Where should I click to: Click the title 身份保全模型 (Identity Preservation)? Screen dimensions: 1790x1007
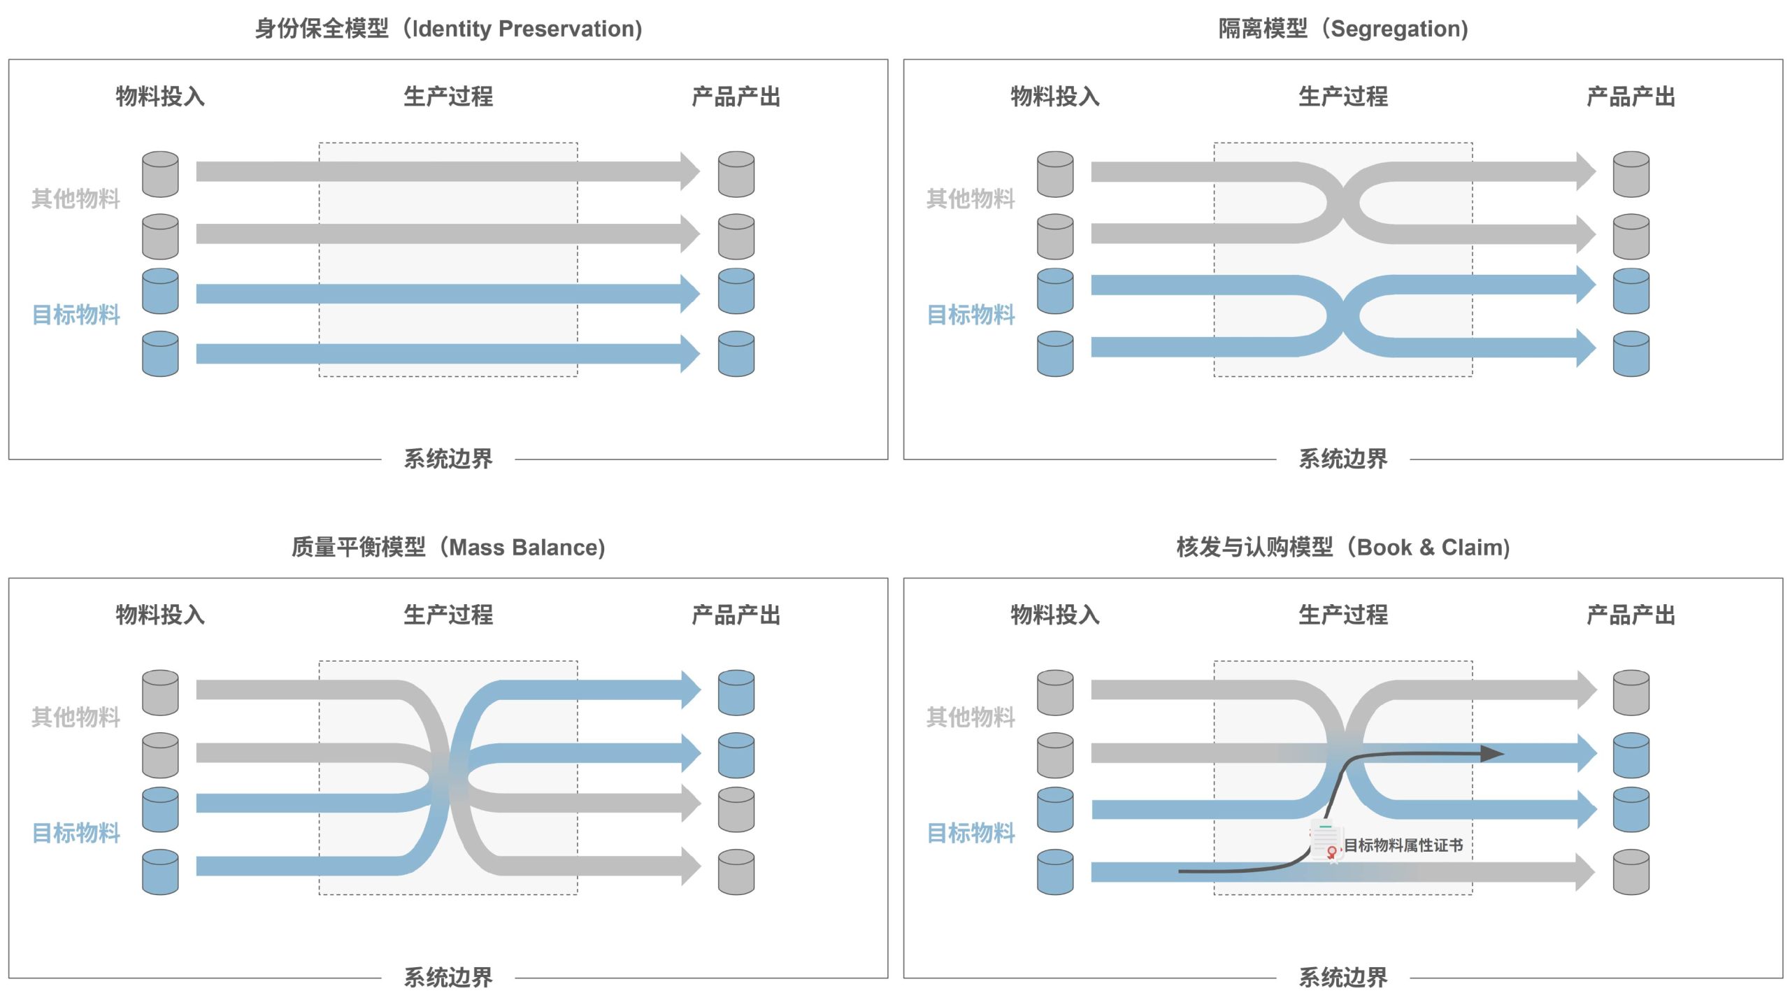(x=448, y=29)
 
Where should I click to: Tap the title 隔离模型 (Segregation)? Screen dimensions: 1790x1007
(x=1343, y=29)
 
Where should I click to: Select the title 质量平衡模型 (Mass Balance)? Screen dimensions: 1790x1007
(x=448, y=547)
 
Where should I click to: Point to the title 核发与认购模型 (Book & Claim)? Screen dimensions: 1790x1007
(x=1343, y=547)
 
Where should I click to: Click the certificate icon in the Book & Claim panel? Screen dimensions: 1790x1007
(x=1326, y=841)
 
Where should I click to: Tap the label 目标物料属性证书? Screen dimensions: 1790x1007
(x=1403, y=845)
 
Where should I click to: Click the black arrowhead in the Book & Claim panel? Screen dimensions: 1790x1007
(x=1492, y=753)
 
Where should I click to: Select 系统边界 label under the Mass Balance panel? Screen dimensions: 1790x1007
(x=448, y=977)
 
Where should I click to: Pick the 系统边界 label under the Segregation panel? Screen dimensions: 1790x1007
(x=1343, y=459)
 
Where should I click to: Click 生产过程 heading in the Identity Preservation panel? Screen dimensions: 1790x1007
(x=448, y=97)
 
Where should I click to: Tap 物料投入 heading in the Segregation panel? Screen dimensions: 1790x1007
(x=1055, y=97)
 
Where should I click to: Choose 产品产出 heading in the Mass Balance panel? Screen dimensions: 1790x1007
(x=736, y=615)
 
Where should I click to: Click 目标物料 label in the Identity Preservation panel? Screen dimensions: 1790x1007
(x=76, y=315)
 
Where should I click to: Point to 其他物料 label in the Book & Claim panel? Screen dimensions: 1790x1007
(x=971, y=717)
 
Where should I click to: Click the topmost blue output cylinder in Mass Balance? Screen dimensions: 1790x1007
(x=736, y=692)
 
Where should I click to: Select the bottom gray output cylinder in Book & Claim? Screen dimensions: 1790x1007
(x=1631, y=872)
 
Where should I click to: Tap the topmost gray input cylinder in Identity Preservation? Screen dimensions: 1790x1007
(x=160, y=174)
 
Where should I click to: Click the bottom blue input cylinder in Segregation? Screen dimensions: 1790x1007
(x=1055, y=354)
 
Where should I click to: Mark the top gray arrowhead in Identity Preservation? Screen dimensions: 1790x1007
(x=690, y=171)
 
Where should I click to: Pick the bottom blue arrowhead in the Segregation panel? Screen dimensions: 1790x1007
(x=1586, y=348)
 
